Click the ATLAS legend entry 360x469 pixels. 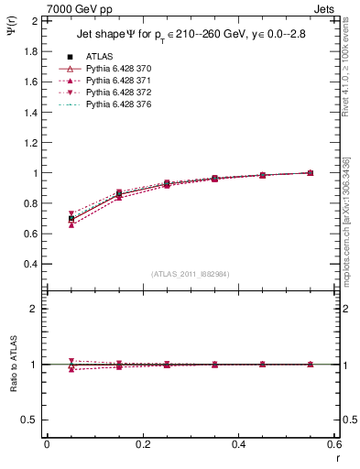98,56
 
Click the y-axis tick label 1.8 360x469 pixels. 27,51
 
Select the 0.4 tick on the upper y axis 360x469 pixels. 27,264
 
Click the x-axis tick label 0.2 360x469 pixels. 143,444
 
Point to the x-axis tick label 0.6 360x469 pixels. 334,444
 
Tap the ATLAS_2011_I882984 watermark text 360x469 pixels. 190,274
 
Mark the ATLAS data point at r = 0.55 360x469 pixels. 311,173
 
